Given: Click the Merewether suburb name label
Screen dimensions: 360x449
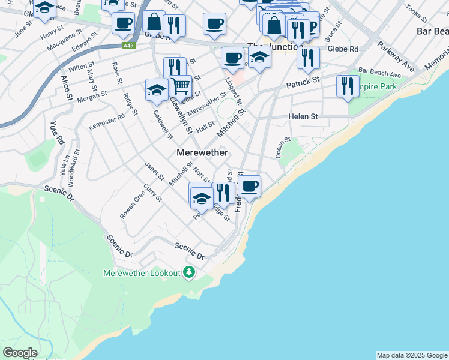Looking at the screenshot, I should pos(202,152).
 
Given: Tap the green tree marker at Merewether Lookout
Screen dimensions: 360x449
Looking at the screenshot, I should pos(190,272).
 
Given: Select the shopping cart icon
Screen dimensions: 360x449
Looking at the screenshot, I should pos(180,86).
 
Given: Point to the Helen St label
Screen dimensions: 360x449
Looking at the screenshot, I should pos(303,116).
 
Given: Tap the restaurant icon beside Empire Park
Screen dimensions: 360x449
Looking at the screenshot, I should pos(348,86).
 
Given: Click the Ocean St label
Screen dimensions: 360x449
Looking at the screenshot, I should pos(283,148).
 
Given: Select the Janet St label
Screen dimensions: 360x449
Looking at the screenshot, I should pos(154,171).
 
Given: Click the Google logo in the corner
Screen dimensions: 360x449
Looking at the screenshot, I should pos(19,353).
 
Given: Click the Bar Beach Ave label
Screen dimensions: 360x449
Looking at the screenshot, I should pos(379,73).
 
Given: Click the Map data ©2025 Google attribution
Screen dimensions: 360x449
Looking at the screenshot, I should pos(412,355).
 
